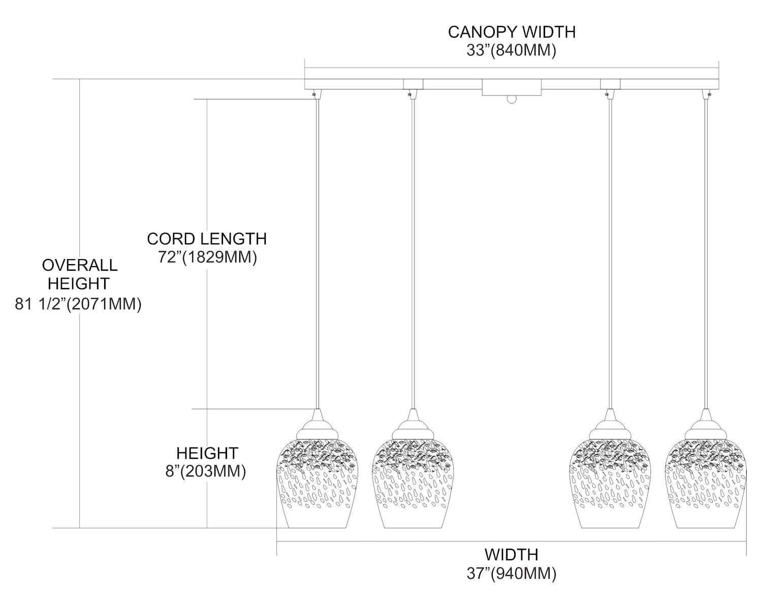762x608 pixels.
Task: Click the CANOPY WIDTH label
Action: tap(511, 32)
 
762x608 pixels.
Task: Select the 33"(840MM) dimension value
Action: tap(511, 50)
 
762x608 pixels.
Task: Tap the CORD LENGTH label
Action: tap(207, 239)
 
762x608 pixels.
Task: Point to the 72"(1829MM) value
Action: tap(207, 258)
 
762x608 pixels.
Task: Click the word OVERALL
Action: tap(80, 265)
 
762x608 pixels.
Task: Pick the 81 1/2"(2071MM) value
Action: tap(79, 304)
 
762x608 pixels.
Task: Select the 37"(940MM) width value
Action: tap(511, 574)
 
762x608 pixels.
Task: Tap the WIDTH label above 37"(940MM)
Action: tap(511, 554)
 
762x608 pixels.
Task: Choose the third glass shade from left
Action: tap(609, 483)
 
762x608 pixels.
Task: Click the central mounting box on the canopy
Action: tap(511, 87)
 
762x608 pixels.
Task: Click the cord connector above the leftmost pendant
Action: tap(316, 93)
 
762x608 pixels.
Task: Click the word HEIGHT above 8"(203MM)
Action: tap(207, 453)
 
